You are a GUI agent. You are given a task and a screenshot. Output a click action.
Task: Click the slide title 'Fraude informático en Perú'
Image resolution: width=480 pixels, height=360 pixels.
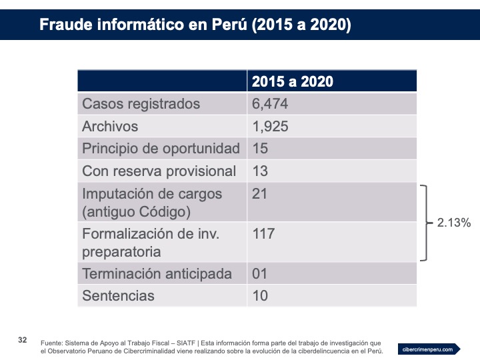click(195, 25)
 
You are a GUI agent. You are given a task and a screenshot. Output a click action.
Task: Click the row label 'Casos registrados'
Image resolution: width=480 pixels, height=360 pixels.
click(141, 104)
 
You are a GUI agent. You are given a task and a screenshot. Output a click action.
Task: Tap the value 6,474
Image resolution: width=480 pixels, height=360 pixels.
click(270, 104)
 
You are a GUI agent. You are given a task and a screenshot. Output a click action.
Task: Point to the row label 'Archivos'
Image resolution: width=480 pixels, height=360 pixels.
click(110, 127)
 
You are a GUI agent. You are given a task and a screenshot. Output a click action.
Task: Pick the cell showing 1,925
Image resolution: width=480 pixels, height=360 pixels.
click(270, 127)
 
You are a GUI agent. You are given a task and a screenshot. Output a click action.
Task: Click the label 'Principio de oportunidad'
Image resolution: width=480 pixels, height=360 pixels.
click(161, 149)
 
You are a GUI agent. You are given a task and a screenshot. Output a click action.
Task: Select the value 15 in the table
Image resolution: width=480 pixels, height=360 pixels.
click(260, 149)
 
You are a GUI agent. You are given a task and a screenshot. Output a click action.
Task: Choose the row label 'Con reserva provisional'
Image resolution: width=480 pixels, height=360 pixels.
click(159, 171)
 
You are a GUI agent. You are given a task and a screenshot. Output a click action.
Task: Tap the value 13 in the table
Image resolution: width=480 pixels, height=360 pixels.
click(260, 171)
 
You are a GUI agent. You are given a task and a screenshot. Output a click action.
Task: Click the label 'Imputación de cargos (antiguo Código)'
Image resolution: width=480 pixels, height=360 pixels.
click(152, 203)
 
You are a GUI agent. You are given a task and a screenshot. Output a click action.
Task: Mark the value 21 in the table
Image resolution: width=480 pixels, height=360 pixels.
click(260, 194)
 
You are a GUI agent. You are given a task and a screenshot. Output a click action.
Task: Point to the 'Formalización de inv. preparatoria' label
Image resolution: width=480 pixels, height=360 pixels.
click(151, 243)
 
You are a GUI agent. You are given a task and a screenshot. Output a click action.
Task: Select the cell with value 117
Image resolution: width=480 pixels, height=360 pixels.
click(264, 234)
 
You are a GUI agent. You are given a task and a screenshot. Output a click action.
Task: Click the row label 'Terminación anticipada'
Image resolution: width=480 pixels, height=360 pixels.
click(157, 273)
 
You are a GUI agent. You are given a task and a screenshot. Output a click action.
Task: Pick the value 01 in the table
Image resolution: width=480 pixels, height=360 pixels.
click(260, 273)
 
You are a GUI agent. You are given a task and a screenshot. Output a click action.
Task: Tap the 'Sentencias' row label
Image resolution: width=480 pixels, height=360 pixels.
click(118, 295)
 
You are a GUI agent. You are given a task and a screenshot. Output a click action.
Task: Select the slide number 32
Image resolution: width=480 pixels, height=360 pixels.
click(22, 341)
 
